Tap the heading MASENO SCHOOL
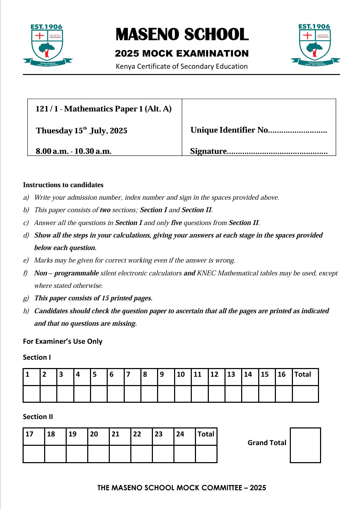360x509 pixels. click(182, 35)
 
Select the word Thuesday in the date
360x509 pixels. click(54, 131)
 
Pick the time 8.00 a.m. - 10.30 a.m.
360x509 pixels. click(74, 151)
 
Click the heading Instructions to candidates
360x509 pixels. click(63, 185)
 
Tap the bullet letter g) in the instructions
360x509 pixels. click(26, 298)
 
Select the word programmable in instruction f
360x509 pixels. click(76, 273)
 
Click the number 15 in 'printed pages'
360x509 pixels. click(105, 298)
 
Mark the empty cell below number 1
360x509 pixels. click(32, 394)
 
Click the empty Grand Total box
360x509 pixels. click(305, 445)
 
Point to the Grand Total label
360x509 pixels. click(267, 443)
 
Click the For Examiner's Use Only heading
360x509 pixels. click(63, 341)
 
